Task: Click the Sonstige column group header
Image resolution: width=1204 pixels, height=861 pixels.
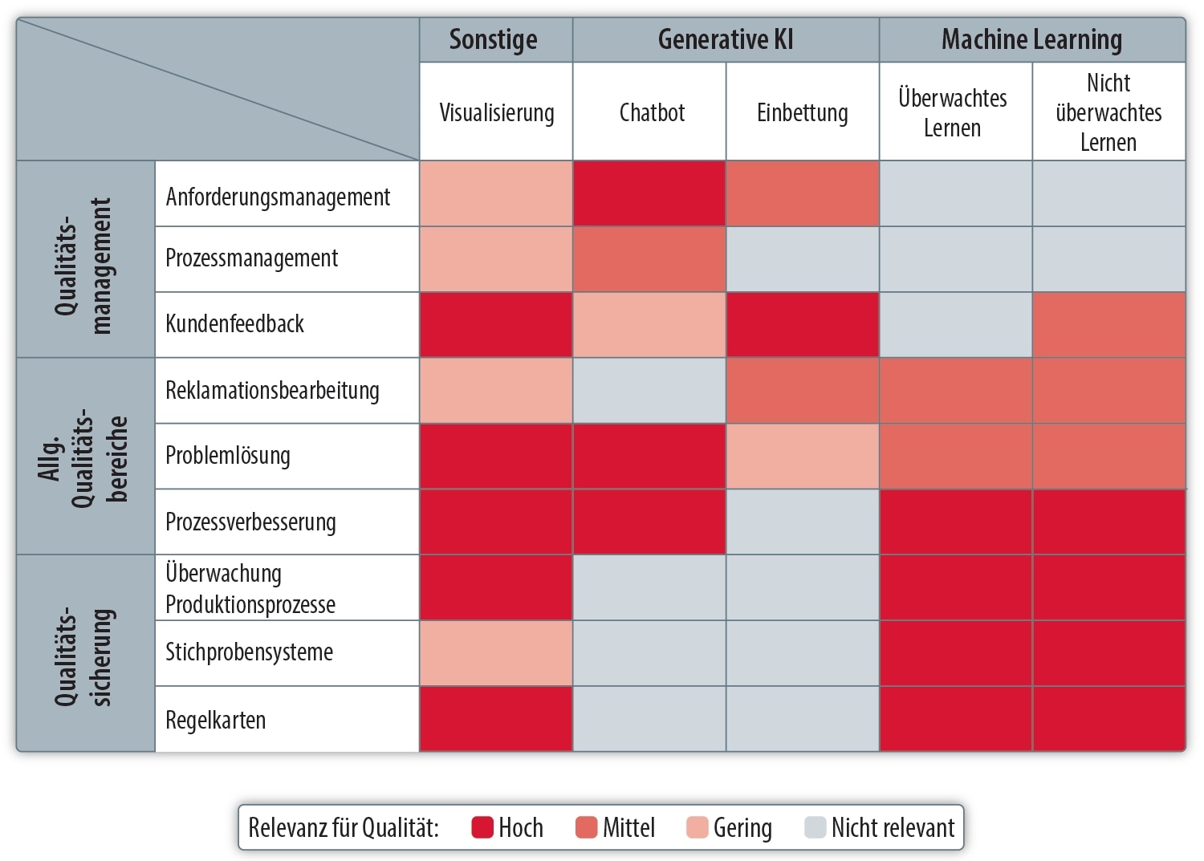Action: point(493,40)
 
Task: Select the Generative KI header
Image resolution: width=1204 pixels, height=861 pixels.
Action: point(725,39)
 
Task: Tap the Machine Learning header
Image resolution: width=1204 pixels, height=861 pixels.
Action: point(1031,40)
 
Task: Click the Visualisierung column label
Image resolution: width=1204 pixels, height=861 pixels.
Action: point(496,113)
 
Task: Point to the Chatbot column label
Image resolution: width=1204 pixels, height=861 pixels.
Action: point(652,112)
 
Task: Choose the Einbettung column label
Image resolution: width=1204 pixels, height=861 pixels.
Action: point(802,113)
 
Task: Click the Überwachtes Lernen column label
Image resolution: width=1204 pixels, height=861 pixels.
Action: point(953,113)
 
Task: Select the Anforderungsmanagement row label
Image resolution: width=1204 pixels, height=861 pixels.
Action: point(278,197)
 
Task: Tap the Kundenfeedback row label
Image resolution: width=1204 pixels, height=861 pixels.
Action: point(235,323)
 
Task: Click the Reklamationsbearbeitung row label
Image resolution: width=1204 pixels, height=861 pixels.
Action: point(273,390)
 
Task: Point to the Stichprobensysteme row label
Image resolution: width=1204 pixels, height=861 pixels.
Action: point(250,652)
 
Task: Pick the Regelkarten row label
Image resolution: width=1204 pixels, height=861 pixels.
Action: point(216,721)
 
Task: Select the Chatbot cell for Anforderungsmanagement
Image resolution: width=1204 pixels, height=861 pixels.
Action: point(649,193)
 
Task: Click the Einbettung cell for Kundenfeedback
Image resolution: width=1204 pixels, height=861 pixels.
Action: point(803,325)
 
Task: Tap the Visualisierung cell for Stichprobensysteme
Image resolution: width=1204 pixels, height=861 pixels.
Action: point(496,653)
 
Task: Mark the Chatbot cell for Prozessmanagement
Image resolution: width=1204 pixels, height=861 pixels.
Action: point(649,259)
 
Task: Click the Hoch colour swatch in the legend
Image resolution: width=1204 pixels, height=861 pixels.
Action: point(482,827)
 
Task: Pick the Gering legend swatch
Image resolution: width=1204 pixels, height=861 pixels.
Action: point(698,827)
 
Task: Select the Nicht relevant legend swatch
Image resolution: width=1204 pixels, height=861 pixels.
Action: point(815,827)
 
